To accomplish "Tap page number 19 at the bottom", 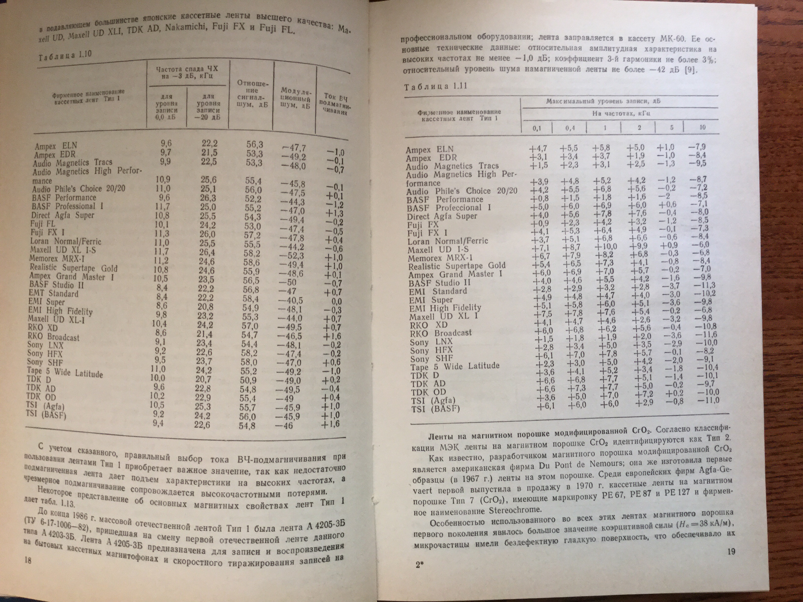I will (x=731, y=552).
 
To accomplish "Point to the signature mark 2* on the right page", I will (x=420, y=565).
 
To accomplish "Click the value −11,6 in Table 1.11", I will (x=706, y=334).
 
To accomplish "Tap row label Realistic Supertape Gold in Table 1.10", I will (x=73, y=268).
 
